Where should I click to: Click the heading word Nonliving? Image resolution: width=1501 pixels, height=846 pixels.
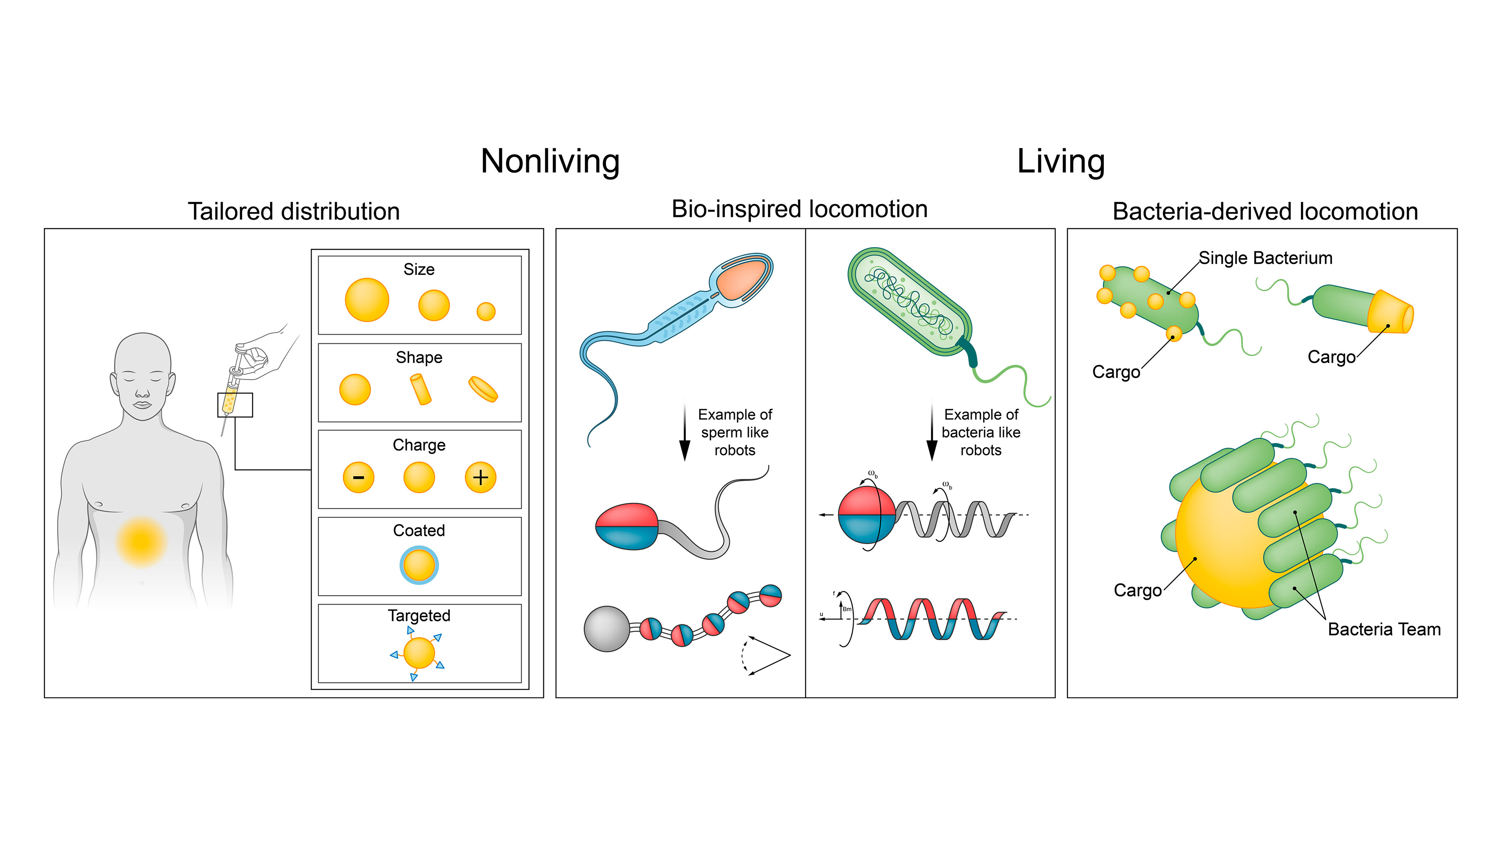click(x=550, y=161)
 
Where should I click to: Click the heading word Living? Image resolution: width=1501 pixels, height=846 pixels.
click(x=1060, y=161)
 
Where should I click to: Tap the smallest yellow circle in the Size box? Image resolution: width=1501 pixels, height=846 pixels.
click(x=485, y=312)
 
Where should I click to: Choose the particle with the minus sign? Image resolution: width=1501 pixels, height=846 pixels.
click(x=358, y=477)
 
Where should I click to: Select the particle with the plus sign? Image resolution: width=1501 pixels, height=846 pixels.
click(x=480, y=477)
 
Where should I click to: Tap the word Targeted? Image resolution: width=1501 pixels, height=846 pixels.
click(x=419, y=615)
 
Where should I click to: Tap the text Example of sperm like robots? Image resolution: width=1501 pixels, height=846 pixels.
click(x=735, y=432)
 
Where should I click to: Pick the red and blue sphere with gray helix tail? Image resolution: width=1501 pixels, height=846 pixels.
click(x=867, y=515)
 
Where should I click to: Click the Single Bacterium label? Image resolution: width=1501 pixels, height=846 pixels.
click(x=1265, y=258)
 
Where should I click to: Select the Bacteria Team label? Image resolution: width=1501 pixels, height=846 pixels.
click(x=1384, y=629)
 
